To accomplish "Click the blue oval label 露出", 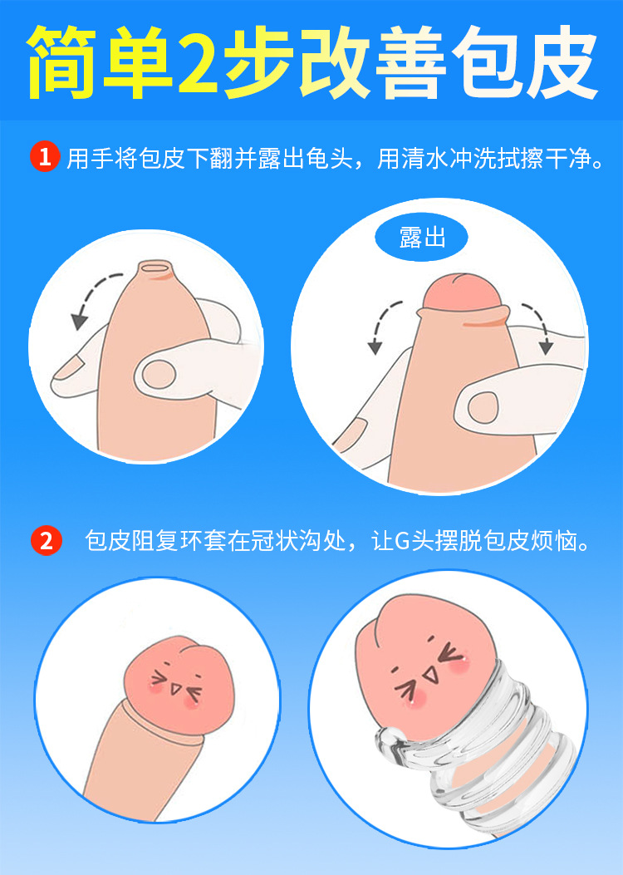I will (x=422, y=238).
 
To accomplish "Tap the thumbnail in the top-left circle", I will (x=157, y=375).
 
